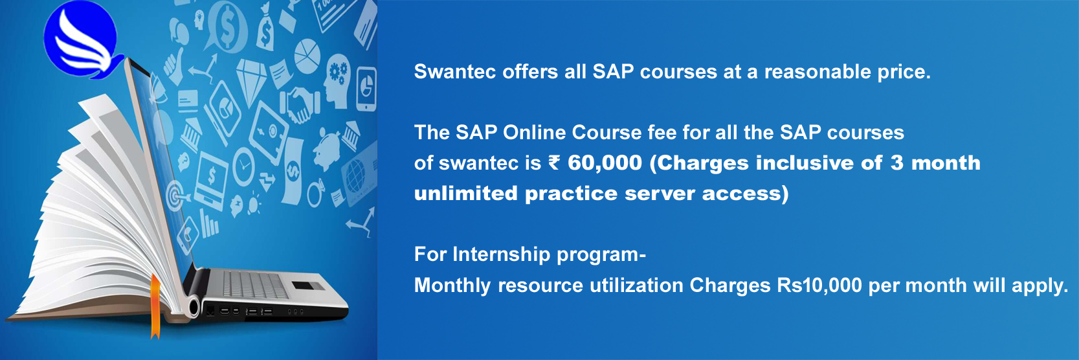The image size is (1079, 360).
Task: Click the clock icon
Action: pyautogui.click(x=244, y=166)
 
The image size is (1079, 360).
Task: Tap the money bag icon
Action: pyautogui.click(x=265, y=29)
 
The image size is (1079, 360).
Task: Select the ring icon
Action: pyautogui.click(x=315, y=193)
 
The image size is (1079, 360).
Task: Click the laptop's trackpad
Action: pyautogui.click(x=308, y=286)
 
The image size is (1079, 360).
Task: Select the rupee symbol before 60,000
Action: pyautogui.click(x=554, y=163)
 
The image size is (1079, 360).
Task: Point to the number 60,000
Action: pyautogui.click(x=605, y=163)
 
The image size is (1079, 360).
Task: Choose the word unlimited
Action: pyautogui.click(x=465, y=193)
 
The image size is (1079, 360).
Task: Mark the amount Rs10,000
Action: pyautogui.click(x=819, y=286)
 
